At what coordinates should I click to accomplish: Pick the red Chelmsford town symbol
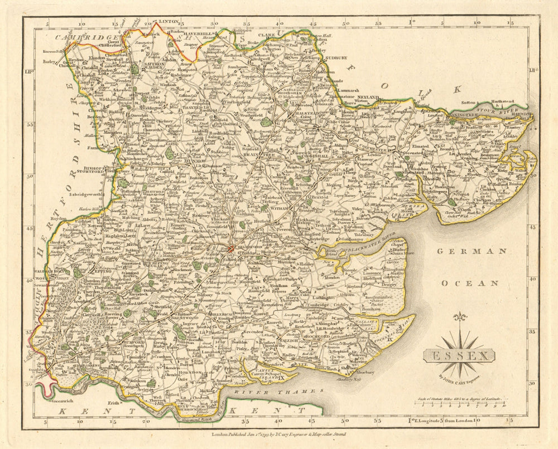point(230,248)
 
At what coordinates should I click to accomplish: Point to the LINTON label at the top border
point(168,21)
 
